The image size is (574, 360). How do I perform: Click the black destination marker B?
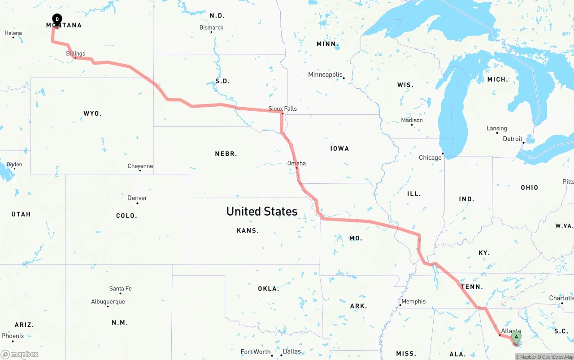tap(57, 19)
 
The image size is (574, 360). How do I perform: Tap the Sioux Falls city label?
tap(283, 108)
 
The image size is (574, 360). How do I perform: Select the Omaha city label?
tap(296, 163)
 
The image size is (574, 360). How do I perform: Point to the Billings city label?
tap(75, 54)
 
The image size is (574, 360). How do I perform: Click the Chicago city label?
tap(430, 158)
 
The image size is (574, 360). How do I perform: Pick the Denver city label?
tap(137, 198)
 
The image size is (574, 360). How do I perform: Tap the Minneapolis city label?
tap(325, 74)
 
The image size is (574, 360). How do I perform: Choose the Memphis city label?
tap(413, 301)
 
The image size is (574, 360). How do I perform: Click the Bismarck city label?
tap(211, 27)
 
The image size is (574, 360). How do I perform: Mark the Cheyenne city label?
tap(140, 166)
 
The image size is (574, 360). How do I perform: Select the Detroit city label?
tap(513, 139)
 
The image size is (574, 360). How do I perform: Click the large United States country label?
tap(262, 211)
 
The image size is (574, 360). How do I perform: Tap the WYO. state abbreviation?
tap(92, 113)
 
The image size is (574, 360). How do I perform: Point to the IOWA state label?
tap(339, 148)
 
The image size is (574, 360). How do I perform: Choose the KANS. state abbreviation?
tap(248, 230)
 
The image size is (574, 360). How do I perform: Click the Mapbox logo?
tap(20, 354)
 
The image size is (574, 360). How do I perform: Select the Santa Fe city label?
tap(120, 288)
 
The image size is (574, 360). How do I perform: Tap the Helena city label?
tap(13, 33)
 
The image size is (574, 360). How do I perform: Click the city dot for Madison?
tap(412, 125)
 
